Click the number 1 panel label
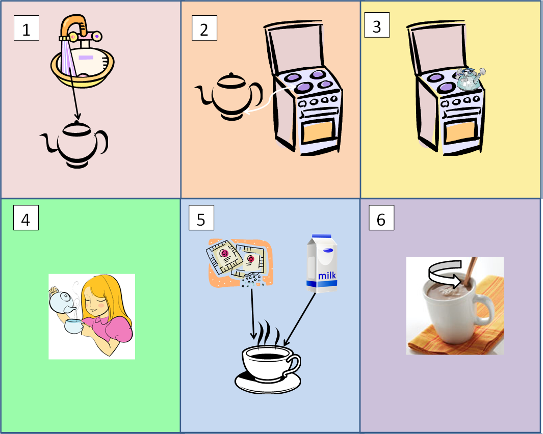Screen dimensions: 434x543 point(27,29)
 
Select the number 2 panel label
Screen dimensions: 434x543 point(204,29)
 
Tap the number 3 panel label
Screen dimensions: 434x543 point(377,26)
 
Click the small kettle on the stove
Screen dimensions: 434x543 point(470,79)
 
